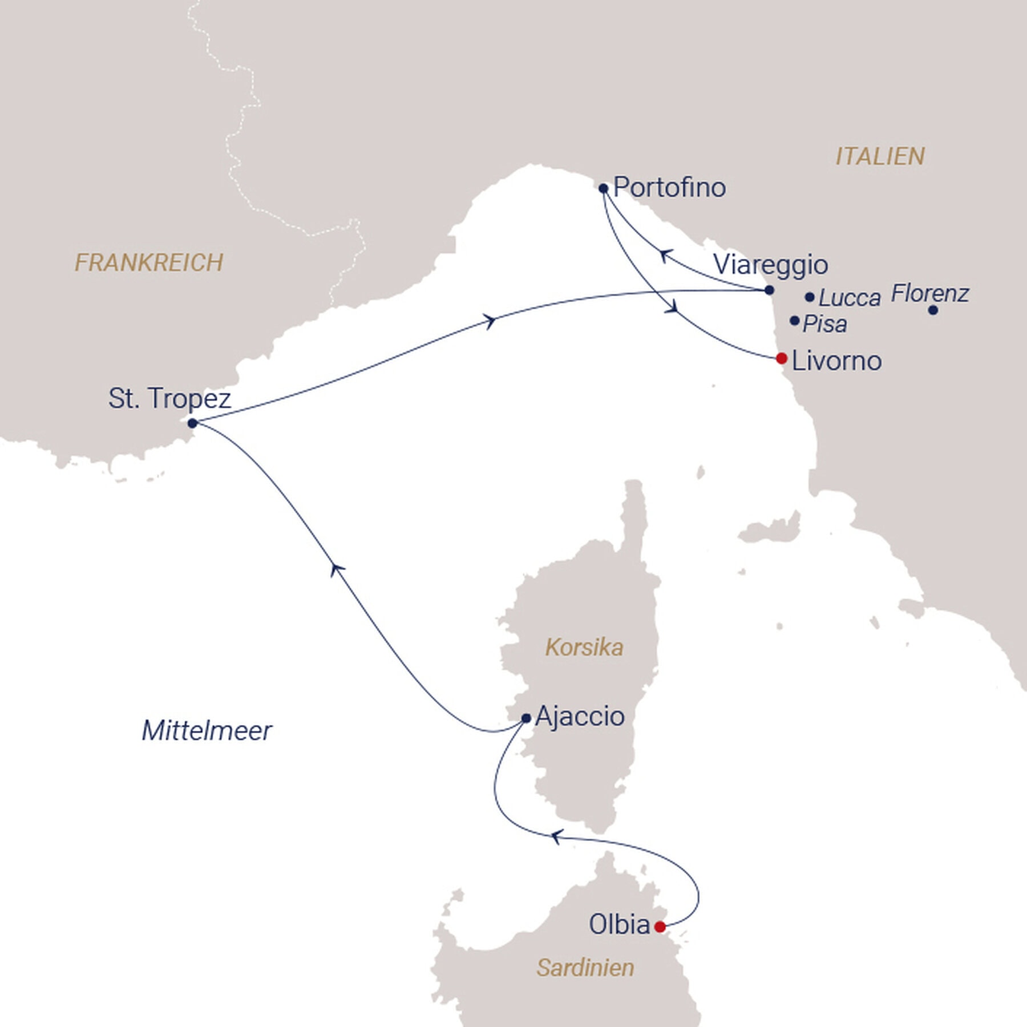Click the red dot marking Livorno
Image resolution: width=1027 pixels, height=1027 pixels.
click(x=782, y=358)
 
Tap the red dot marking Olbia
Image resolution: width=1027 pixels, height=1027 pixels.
click(x=660, y=927)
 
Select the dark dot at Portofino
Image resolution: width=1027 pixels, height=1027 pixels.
click(x=604, y=188)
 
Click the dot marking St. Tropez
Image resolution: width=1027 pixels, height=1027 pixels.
click(x=192, y=423)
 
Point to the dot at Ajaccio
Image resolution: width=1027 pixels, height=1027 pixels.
click(x=526, y=718)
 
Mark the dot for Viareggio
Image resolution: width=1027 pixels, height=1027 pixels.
click(x=769, y=290)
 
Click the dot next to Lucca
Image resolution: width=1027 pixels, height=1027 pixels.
click(x=809, y=297)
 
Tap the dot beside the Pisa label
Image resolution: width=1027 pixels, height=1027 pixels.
click(x=794, y=321)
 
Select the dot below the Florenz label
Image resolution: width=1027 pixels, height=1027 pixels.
click(x=932, y=310)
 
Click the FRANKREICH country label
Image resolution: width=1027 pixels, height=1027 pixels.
click(x=149, y=262)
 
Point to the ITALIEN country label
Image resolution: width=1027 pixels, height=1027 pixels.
click(x=880, y=156)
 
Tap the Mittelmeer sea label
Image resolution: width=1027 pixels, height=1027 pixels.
click(x=207, y=731)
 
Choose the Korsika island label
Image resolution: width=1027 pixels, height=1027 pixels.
click(x=584, y=648)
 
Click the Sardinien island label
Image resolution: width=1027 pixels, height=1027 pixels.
click(x=585, y=968)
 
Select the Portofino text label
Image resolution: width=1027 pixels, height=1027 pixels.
click(x=669, y=187)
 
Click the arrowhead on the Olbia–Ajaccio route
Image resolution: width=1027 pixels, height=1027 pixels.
click(x=556, y=837)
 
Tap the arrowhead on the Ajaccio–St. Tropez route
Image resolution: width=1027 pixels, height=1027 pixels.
click(x=337, y=568)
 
